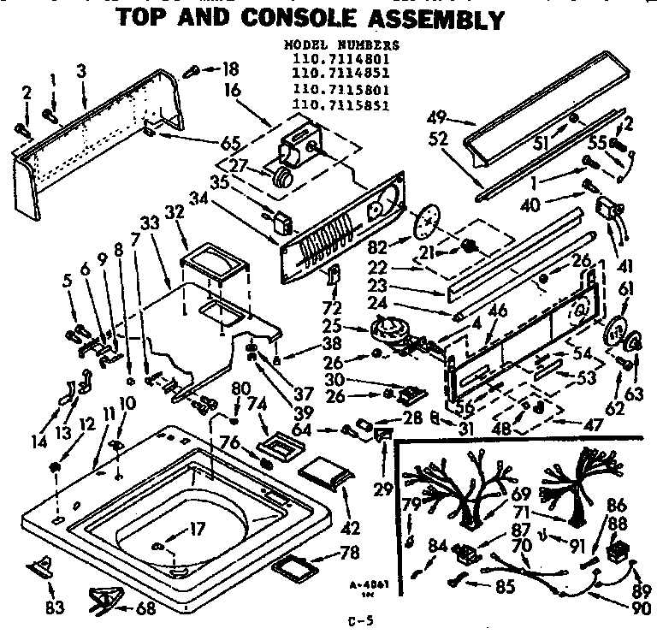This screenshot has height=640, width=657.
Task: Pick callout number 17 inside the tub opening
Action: pos(197,529)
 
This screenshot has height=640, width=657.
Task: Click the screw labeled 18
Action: pos(191,69)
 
